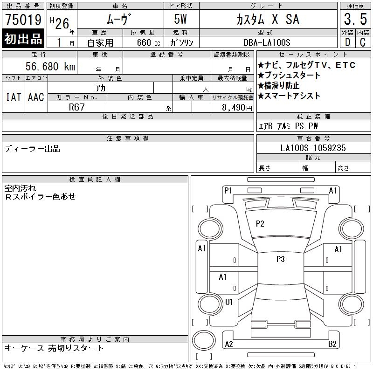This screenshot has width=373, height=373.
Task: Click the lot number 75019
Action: pos(23,20)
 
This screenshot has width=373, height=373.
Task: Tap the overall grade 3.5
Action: pos(355,19)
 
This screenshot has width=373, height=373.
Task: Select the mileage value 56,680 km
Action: pos(50,66)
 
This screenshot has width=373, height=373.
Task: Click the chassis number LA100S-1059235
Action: pos(313,148)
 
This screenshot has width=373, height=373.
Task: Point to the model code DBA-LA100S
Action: pos(267,42)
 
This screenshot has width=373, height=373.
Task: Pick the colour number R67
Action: pos(76,107)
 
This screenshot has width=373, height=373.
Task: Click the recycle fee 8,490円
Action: pos(237,108)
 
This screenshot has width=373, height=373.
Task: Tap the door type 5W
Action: pos(180,19)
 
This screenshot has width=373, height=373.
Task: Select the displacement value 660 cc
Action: pos(148,42)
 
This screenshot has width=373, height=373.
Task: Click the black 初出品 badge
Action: pos(23,39)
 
